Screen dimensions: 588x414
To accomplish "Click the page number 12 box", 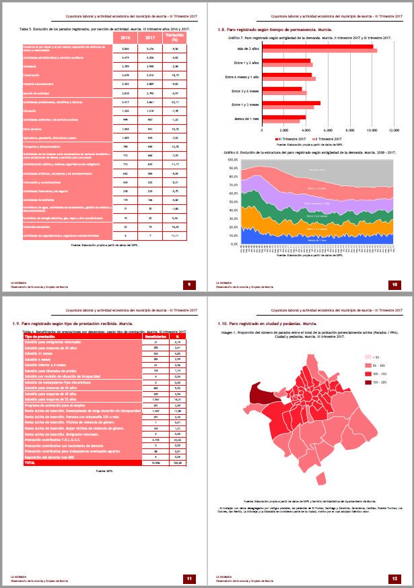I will [x=395, y=578].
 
